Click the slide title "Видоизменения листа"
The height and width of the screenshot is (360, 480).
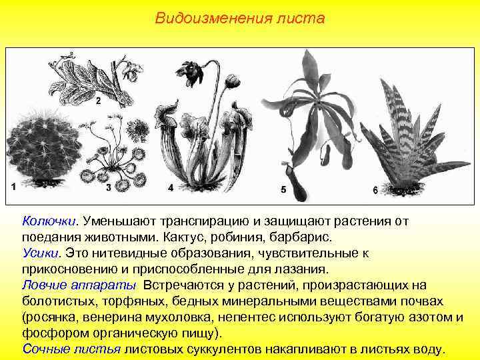pyautogui.click(x=240, y=18)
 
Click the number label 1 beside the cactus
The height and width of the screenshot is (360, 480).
pyautogui.click(x=14, y=187)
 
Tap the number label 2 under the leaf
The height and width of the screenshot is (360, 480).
pyautogui.click(x=98, y=101)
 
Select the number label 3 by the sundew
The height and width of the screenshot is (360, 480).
pyautogui.click(x=109, y=187)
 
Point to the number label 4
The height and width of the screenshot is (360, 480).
pyautogui.click(x=171, y=187)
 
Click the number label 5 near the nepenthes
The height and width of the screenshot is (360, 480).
pyautogui.click(x=283, y=189)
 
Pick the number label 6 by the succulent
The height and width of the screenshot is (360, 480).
pyautogui.click(x=375, y=190)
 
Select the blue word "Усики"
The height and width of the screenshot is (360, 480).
pyautogui.click(x=41, y=253)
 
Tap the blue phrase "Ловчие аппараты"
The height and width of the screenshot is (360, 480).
pyautogui.click(x=79, y=285)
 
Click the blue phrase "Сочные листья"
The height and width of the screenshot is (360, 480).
pyautogui.click(x=71, y=349)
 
